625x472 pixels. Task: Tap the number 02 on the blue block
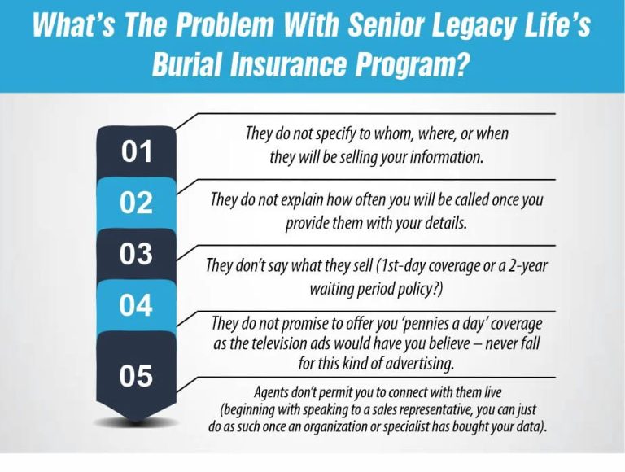coord(137,203)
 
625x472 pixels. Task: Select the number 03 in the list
coord(137,254)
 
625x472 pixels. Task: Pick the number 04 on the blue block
coord(137,305)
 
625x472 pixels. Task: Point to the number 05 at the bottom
coord(137,375)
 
